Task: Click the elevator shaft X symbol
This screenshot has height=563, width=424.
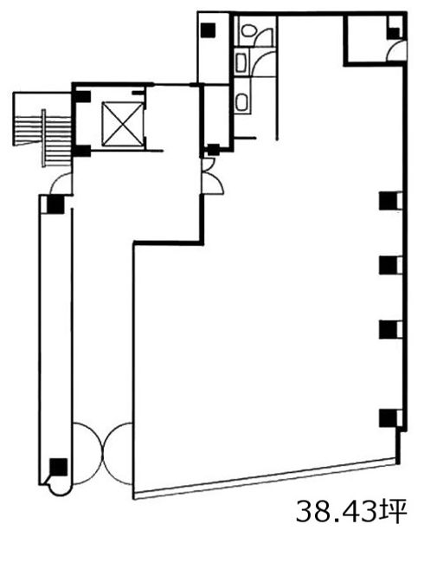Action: click(x=122, y=124)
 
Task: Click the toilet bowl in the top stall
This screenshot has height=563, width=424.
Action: click(x=247, y=30)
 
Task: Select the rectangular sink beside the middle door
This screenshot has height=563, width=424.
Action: click(x=241, y=62)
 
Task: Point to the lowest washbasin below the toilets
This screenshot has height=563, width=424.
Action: click(x=241, y=102)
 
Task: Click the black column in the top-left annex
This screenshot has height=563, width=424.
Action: click(x=208, y=30)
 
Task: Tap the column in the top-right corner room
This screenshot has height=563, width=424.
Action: click(x=393, y=34)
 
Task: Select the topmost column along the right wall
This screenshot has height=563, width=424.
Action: click(x=388, y=201)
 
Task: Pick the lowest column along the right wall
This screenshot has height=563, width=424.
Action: click(x=388, y=418)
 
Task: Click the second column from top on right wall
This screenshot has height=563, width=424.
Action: click(x=388, y=265)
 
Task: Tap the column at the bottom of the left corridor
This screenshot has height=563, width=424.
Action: click(x=58, y=467)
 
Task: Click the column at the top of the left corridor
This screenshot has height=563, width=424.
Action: click(x=55, y=204)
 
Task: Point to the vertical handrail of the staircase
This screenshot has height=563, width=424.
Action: click(x=44, y=139)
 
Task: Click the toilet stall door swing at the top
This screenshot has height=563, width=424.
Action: click(x=265, y=36)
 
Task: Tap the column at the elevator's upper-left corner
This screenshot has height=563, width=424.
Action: click(x=82, y=97)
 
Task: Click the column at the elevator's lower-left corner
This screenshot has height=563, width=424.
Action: click(x=82, y=152)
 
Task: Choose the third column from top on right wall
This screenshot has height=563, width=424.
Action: click(x=388, y=329)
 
